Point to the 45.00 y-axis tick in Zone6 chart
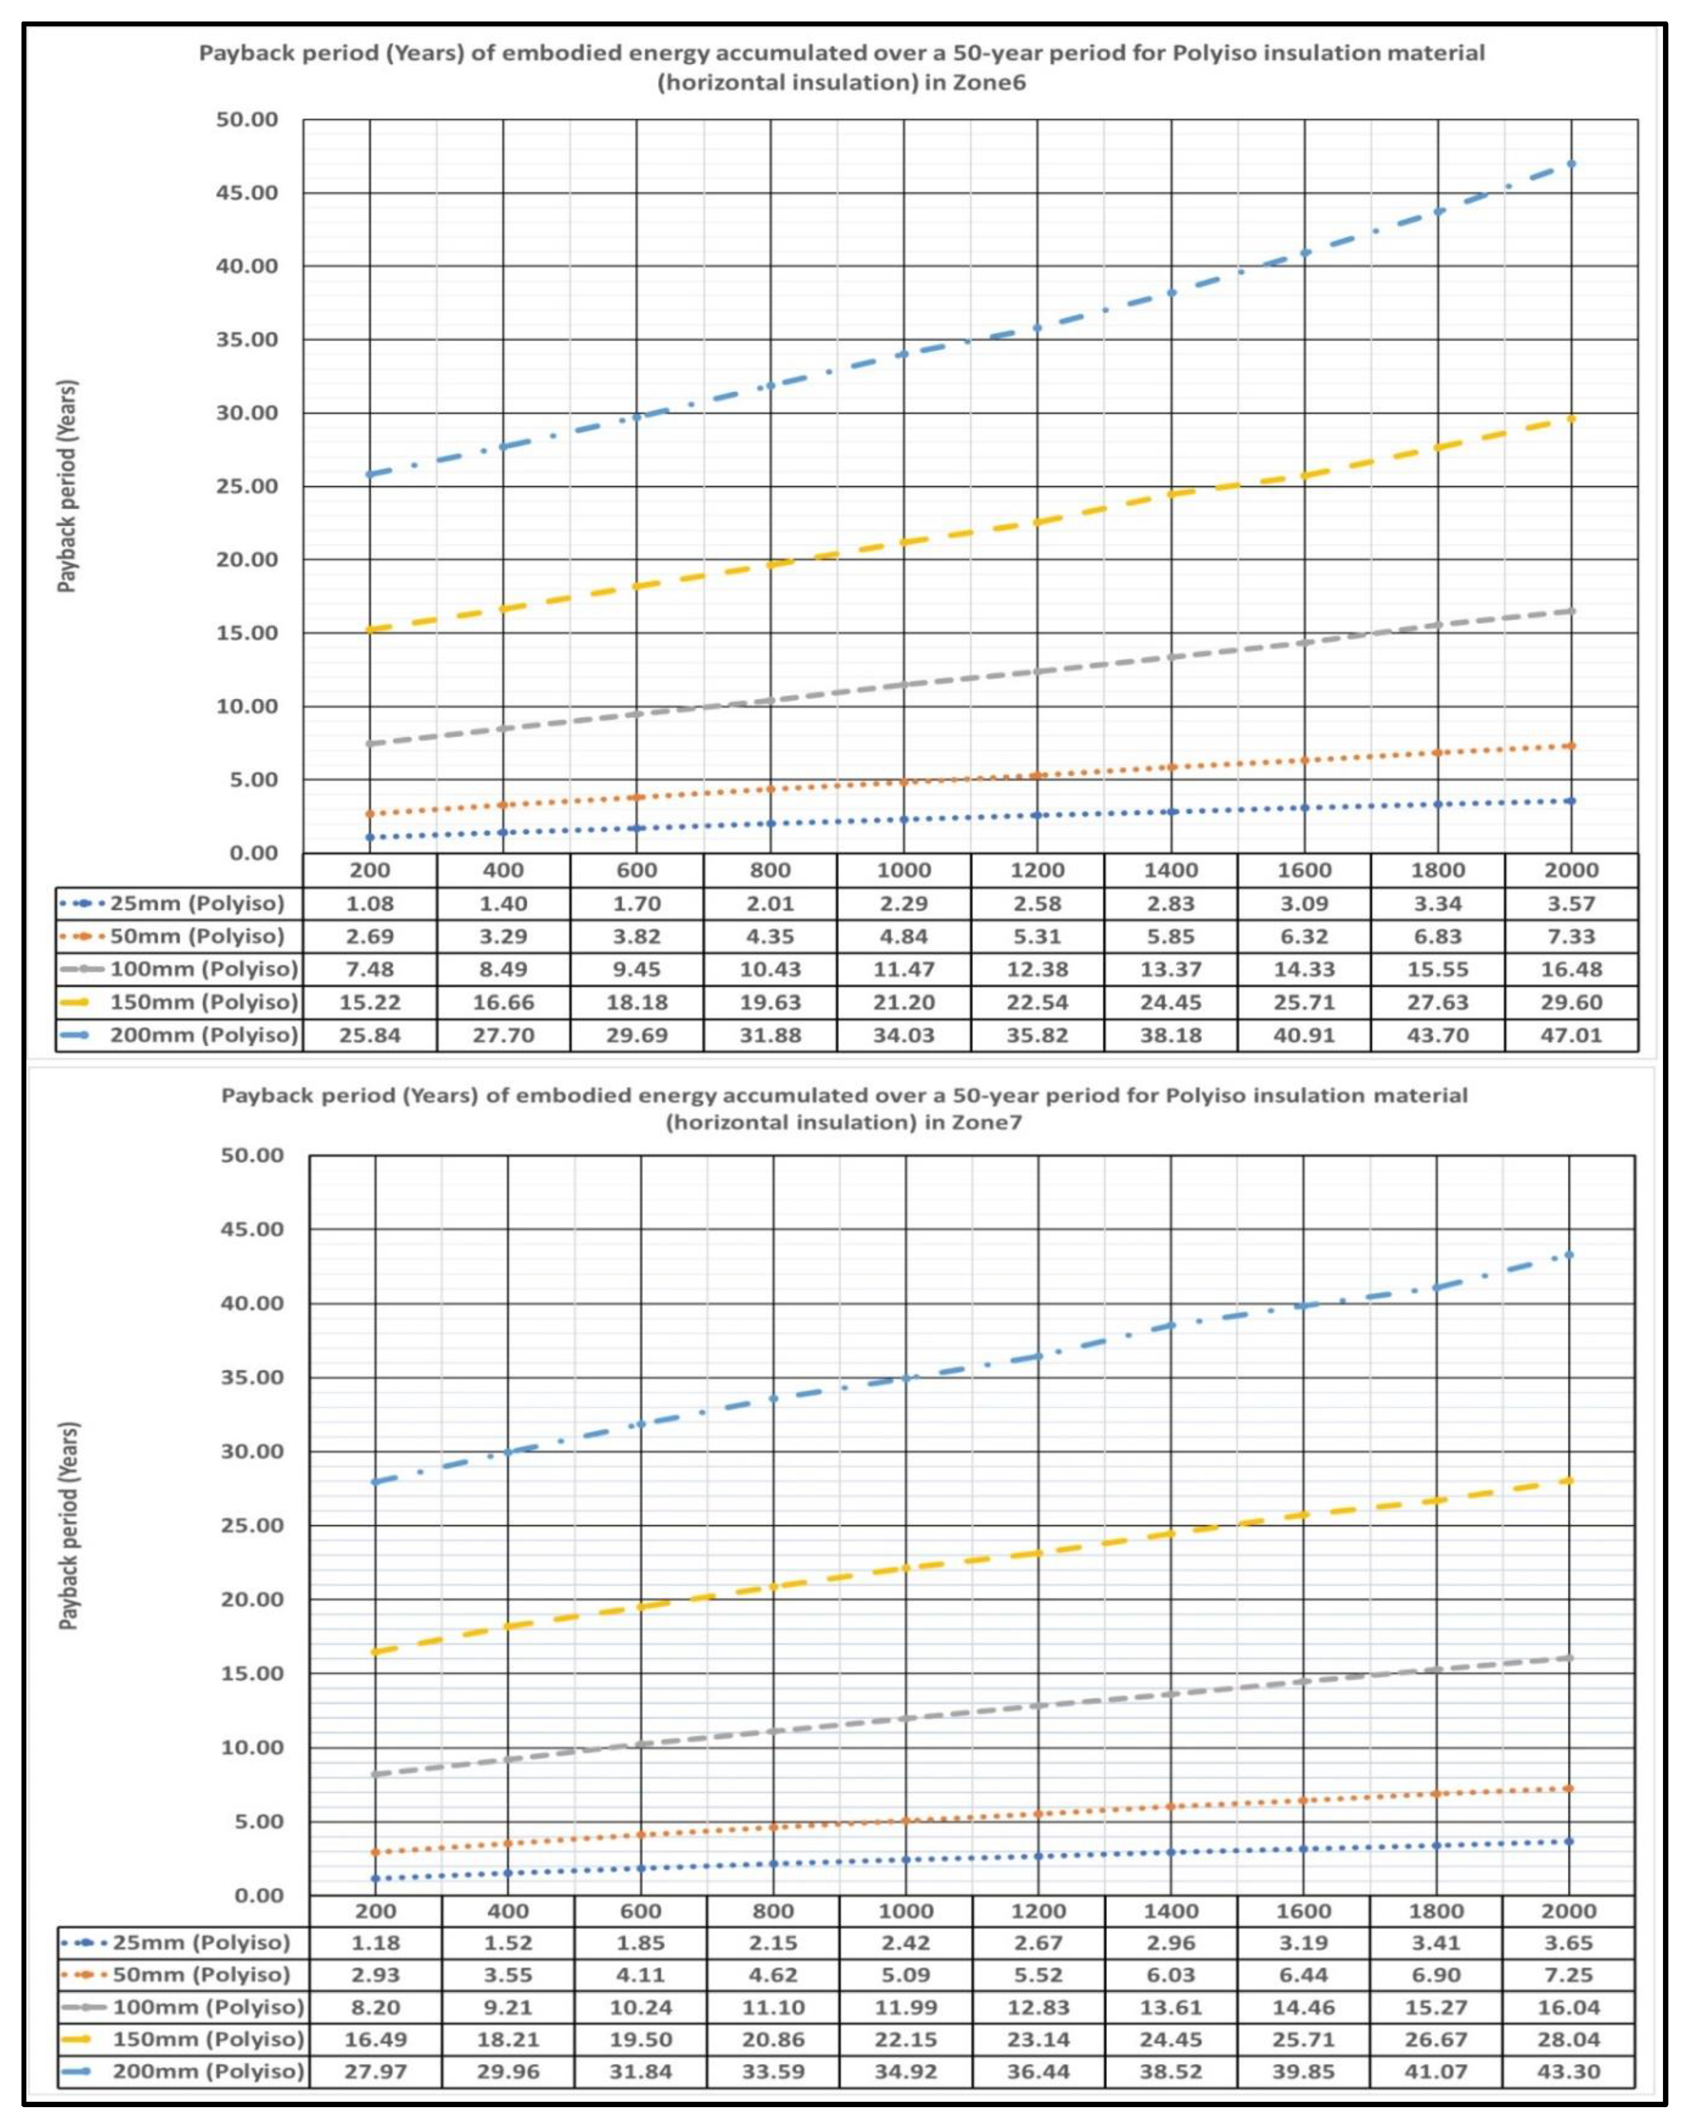(x=247, y=193)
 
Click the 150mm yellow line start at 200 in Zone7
(x=376, y=1652)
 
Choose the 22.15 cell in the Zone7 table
(x=905, y=2039)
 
